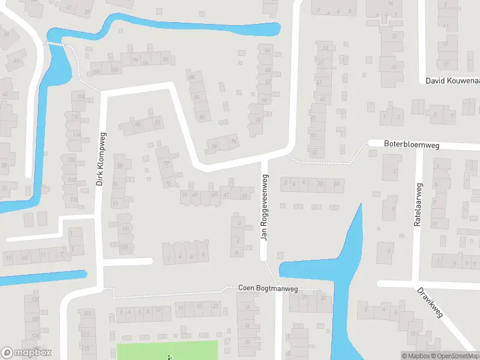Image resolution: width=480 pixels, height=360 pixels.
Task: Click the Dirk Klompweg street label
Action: tap(101, 158)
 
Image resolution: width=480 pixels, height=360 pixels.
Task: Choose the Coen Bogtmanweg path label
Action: tap(268, 289)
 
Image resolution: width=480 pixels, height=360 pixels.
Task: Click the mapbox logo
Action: tap(26, 353)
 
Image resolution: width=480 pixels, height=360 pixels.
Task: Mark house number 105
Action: tap(124, 247)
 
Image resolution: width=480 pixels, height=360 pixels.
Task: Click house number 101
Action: tap(125, 229)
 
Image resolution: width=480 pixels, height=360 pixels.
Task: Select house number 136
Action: tap(34, 336)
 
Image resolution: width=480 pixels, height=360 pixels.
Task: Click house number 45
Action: tap(322, 99)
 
